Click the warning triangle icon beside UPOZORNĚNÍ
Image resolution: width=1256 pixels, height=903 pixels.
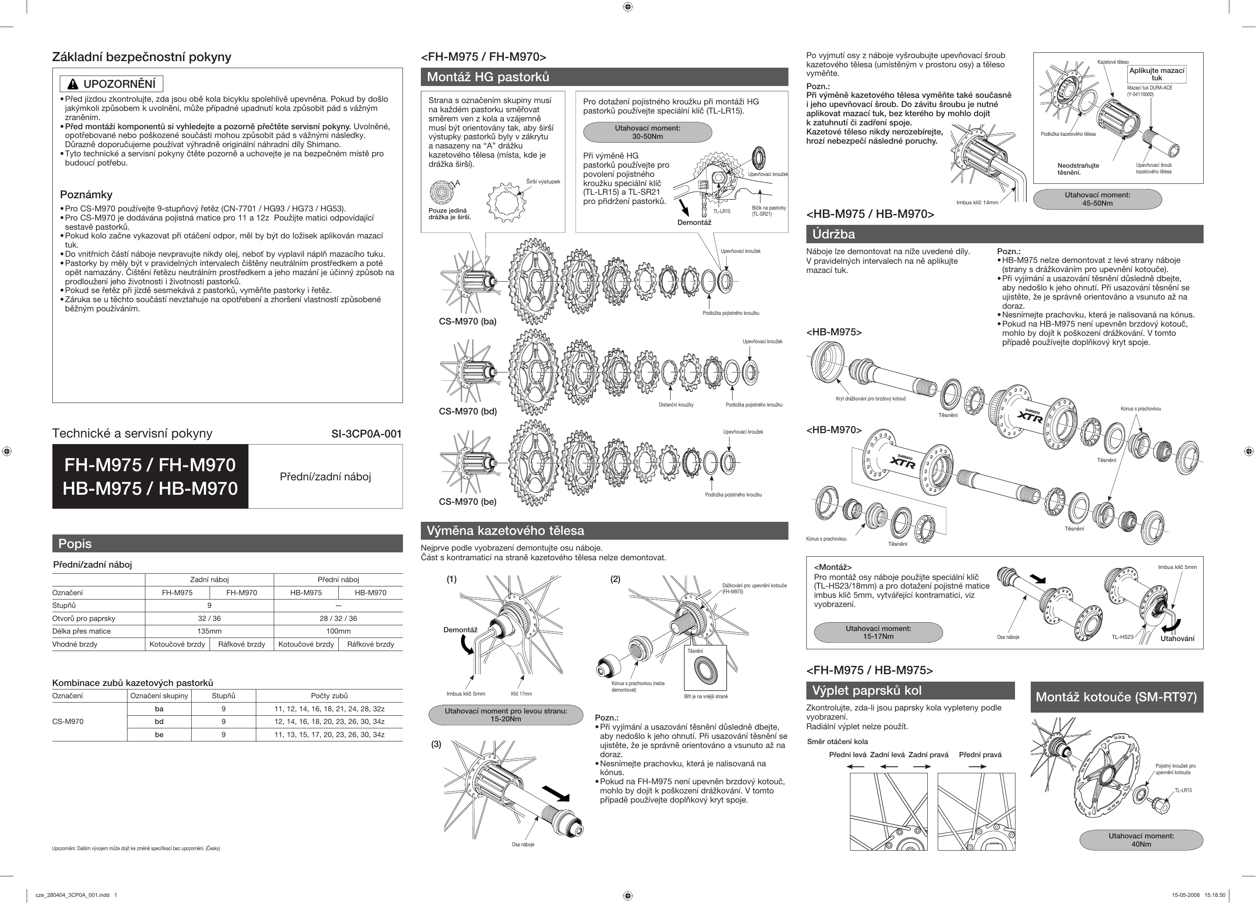click(x=72, y=84)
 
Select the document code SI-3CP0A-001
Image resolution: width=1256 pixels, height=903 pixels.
click(x=366, y=434)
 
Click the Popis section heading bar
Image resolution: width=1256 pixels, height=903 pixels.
click(x=227, y=544)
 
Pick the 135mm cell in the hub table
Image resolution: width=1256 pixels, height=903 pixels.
click(x=210, y=631)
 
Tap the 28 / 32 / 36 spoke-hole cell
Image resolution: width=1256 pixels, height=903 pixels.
click(x=338, y=618)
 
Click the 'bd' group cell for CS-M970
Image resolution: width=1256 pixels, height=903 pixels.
click(x=159, y=721)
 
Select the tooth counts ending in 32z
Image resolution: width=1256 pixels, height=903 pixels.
click(x=329, y=709)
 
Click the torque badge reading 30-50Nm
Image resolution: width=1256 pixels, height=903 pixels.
click(x=647, y=132)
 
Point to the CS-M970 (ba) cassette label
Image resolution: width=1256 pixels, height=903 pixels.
click(x=468, y=321)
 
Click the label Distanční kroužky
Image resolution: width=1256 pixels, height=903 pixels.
click(x=676, y=405)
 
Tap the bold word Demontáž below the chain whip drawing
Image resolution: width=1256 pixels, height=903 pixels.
click(x=694, y=222)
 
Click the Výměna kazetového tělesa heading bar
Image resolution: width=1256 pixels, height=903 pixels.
click(x=604, y=531)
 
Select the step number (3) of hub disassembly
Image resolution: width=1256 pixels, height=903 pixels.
click(x=437, y=744)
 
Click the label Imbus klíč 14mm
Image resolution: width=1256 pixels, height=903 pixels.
click(x=977, y=202)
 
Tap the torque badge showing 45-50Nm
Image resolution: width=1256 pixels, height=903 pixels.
click(x=1097, y=199)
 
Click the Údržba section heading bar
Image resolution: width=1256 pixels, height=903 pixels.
click(x=1004, y=234)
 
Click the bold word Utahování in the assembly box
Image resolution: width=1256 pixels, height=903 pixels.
click(x=1177, y=638)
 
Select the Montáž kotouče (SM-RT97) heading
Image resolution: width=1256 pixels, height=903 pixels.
click(x=1116, y=697)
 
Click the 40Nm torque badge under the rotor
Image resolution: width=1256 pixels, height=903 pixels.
click(x=1141, y=840)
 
